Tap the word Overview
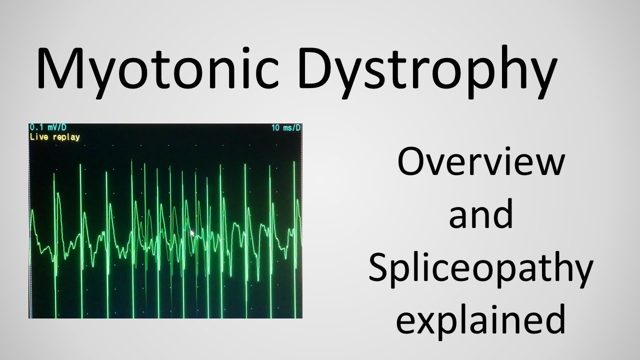pos(481,163)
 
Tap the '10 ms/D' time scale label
pos(286,128)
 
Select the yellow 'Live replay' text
pos(54,137)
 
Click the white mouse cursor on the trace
pos(192,233)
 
